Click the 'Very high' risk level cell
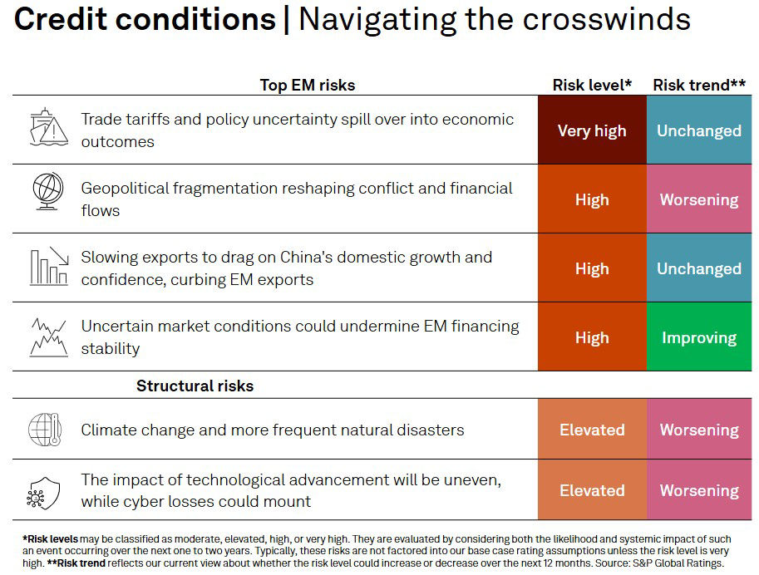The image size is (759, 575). click(x=592, y=130)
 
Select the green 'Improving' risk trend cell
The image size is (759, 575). click(x=699, y=337)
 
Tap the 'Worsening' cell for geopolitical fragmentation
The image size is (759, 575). click(x=699, y=199)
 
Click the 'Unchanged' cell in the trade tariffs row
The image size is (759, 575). click(x=699, y=130)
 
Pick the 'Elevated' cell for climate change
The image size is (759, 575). click(x=592, y=430)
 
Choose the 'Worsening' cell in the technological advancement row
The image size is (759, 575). click(x=699, y=490)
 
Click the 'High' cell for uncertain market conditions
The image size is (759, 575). click(x=592, y=337)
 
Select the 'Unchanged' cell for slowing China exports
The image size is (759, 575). click(x=699, y=268)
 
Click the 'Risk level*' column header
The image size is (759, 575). click(x=592, y=85)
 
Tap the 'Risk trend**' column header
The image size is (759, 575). click(x=699, y=85)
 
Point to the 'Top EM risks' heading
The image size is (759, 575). click(x=307, y=85)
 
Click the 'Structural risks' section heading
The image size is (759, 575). click(x=195, y=386)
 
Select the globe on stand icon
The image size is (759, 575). click(x=48, y=191)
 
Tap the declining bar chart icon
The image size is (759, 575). click(x=48, y=266)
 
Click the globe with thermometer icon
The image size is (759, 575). click(x=48, y=430)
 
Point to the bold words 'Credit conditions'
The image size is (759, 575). click(x=145, y=19)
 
